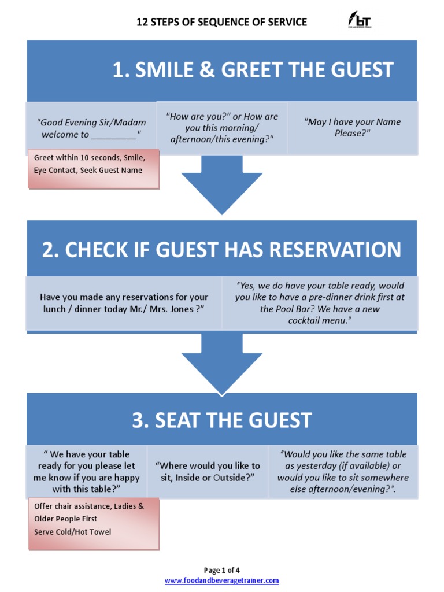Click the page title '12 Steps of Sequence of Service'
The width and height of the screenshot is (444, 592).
coord(221,23)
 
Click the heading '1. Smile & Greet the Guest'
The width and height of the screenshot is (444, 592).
coord(253,70)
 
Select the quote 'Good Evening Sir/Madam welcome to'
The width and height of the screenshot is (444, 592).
coord(91,128)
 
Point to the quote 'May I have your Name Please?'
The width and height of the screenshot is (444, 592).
coord(352,127)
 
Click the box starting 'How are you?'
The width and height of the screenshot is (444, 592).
coord(222,128)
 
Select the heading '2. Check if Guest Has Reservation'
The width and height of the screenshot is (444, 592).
coord(221,250)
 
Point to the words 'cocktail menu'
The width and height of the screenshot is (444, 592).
coord(319,320)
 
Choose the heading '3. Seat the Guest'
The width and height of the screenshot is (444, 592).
coord(222,420)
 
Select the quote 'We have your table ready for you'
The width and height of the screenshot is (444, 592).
coord(86,471)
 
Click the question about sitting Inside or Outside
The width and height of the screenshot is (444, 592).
coord(208,471)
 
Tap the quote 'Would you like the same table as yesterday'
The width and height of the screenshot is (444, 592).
coord(343,471)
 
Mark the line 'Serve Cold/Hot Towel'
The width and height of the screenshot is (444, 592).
coord(73,532)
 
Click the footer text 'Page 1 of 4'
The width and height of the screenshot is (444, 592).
coord(222,570)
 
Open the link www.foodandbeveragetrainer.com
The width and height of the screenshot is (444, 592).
coord(222,580)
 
